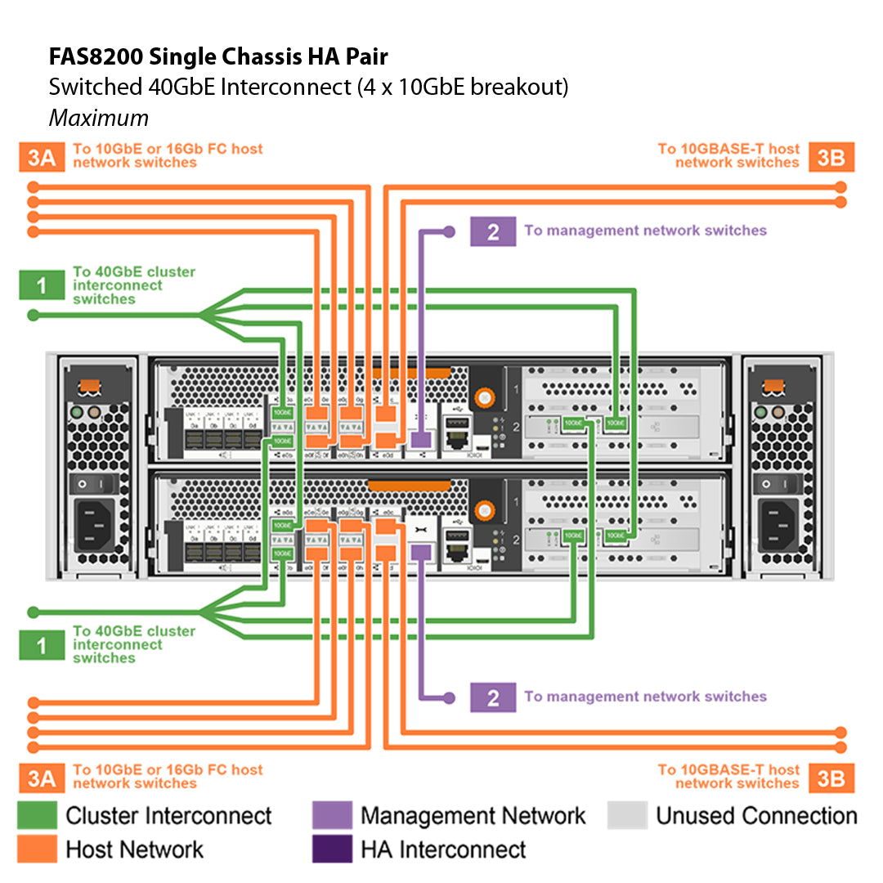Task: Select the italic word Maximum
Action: click(98, 118)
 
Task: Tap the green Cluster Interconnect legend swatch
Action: click(38, 815)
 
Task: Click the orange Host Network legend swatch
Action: click(38, 848)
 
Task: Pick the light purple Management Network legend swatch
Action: click(332, 815)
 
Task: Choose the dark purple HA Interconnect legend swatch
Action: click(332, 848)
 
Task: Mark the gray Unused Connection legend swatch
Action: click(627, 815)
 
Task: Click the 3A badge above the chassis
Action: click(42, 157)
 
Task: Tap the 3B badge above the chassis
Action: click(831, 157)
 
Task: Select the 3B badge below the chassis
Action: click(831, 778)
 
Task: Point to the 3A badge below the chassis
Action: click(42, 778)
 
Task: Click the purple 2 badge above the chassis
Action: click(492, 231)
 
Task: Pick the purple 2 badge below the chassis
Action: click(492, 697)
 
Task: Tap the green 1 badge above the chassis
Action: click(42, 285)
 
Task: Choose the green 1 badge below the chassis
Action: click(42, 645)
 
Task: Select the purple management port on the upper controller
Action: click(420, 439)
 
